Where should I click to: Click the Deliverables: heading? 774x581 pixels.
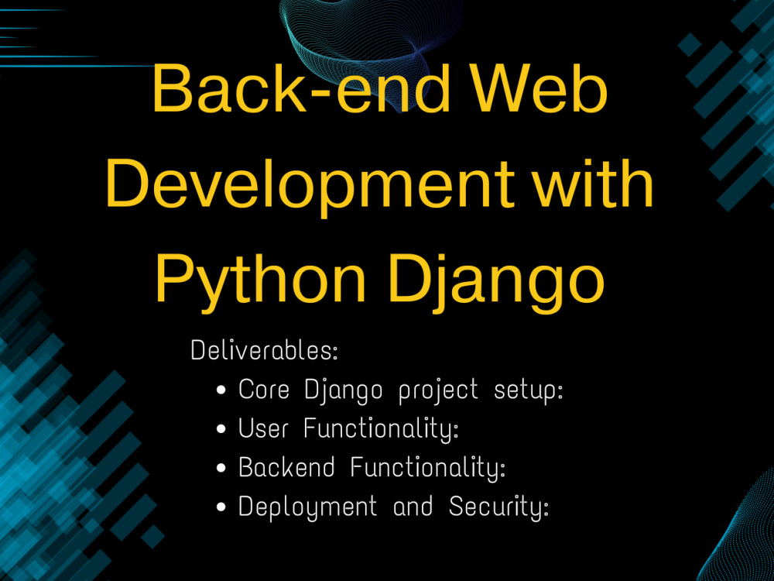[264, 350]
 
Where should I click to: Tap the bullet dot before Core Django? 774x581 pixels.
[222, 390]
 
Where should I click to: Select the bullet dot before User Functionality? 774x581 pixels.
[222, 428]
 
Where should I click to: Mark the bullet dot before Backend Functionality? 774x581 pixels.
[222, 468]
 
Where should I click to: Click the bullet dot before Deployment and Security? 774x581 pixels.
[222, 507]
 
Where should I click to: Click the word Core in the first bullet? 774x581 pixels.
[263, 389]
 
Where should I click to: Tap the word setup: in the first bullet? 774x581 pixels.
[529, 390]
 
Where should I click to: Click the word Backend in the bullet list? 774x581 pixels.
[286, 467]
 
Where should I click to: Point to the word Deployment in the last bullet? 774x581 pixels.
[307, 507]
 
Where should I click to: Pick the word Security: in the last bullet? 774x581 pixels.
[499, 507]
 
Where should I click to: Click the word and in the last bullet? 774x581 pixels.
[413, 507]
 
